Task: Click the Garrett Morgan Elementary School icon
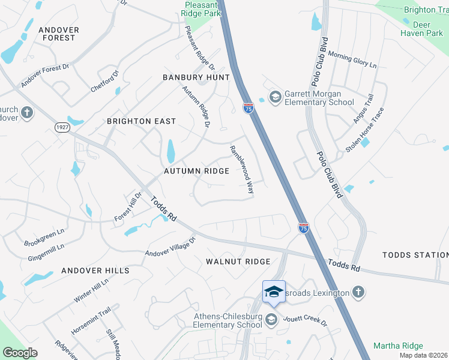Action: click(x=276, y=97)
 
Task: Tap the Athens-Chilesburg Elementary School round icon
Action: click(x=271, y=319)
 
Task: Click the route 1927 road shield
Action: click(x=62, y=127)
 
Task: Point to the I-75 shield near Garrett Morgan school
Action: click(x=249, y=108)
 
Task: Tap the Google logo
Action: click(x=20, y=353)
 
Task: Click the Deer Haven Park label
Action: click(x=421, y=29)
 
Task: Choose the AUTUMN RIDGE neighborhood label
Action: click(x=197, y=172)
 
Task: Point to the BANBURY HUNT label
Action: click(x=196, y=78)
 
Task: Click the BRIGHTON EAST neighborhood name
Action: click(x=141, y=121)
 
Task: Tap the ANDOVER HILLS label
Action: click(x=95, y=271)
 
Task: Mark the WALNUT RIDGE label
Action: click(x=238, y=262)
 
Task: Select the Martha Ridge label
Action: click(x=398, y=346)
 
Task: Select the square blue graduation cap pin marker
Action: click(x=274, y=292)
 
